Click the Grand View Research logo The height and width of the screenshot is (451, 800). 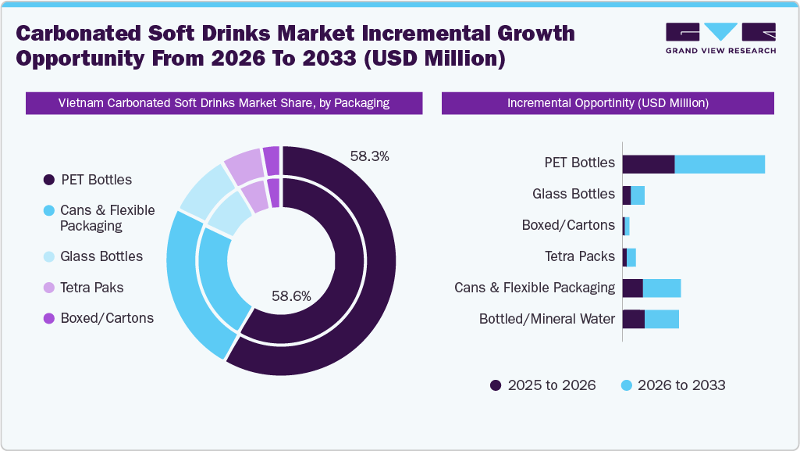tap(720, 38)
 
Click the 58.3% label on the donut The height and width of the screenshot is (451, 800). tap(369, 156)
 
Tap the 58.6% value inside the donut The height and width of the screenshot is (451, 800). tap(291, 296)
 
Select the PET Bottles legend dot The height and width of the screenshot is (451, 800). tap(48, 180)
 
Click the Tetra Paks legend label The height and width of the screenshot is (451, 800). tap(91, 288)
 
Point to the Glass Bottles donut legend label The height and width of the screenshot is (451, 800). tap(101, 256)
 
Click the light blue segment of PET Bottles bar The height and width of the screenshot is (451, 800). tap(719, 163)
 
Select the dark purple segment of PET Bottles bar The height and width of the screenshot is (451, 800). tap(648, 163)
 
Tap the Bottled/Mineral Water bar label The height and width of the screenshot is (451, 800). tap(546, 319)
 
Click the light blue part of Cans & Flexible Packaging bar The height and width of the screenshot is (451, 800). tap(661, 288)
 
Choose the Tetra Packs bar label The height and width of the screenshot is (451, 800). tap(579, 256)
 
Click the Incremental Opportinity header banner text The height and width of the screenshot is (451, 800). tap(607, 103)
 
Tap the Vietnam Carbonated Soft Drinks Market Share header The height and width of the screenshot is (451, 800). tap(224, 103)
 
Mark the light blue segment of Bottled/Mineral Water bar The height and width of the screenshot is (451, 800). tap(661, 319)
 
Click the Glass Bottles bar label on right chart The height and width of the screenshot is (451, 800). tap(573, 195)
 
